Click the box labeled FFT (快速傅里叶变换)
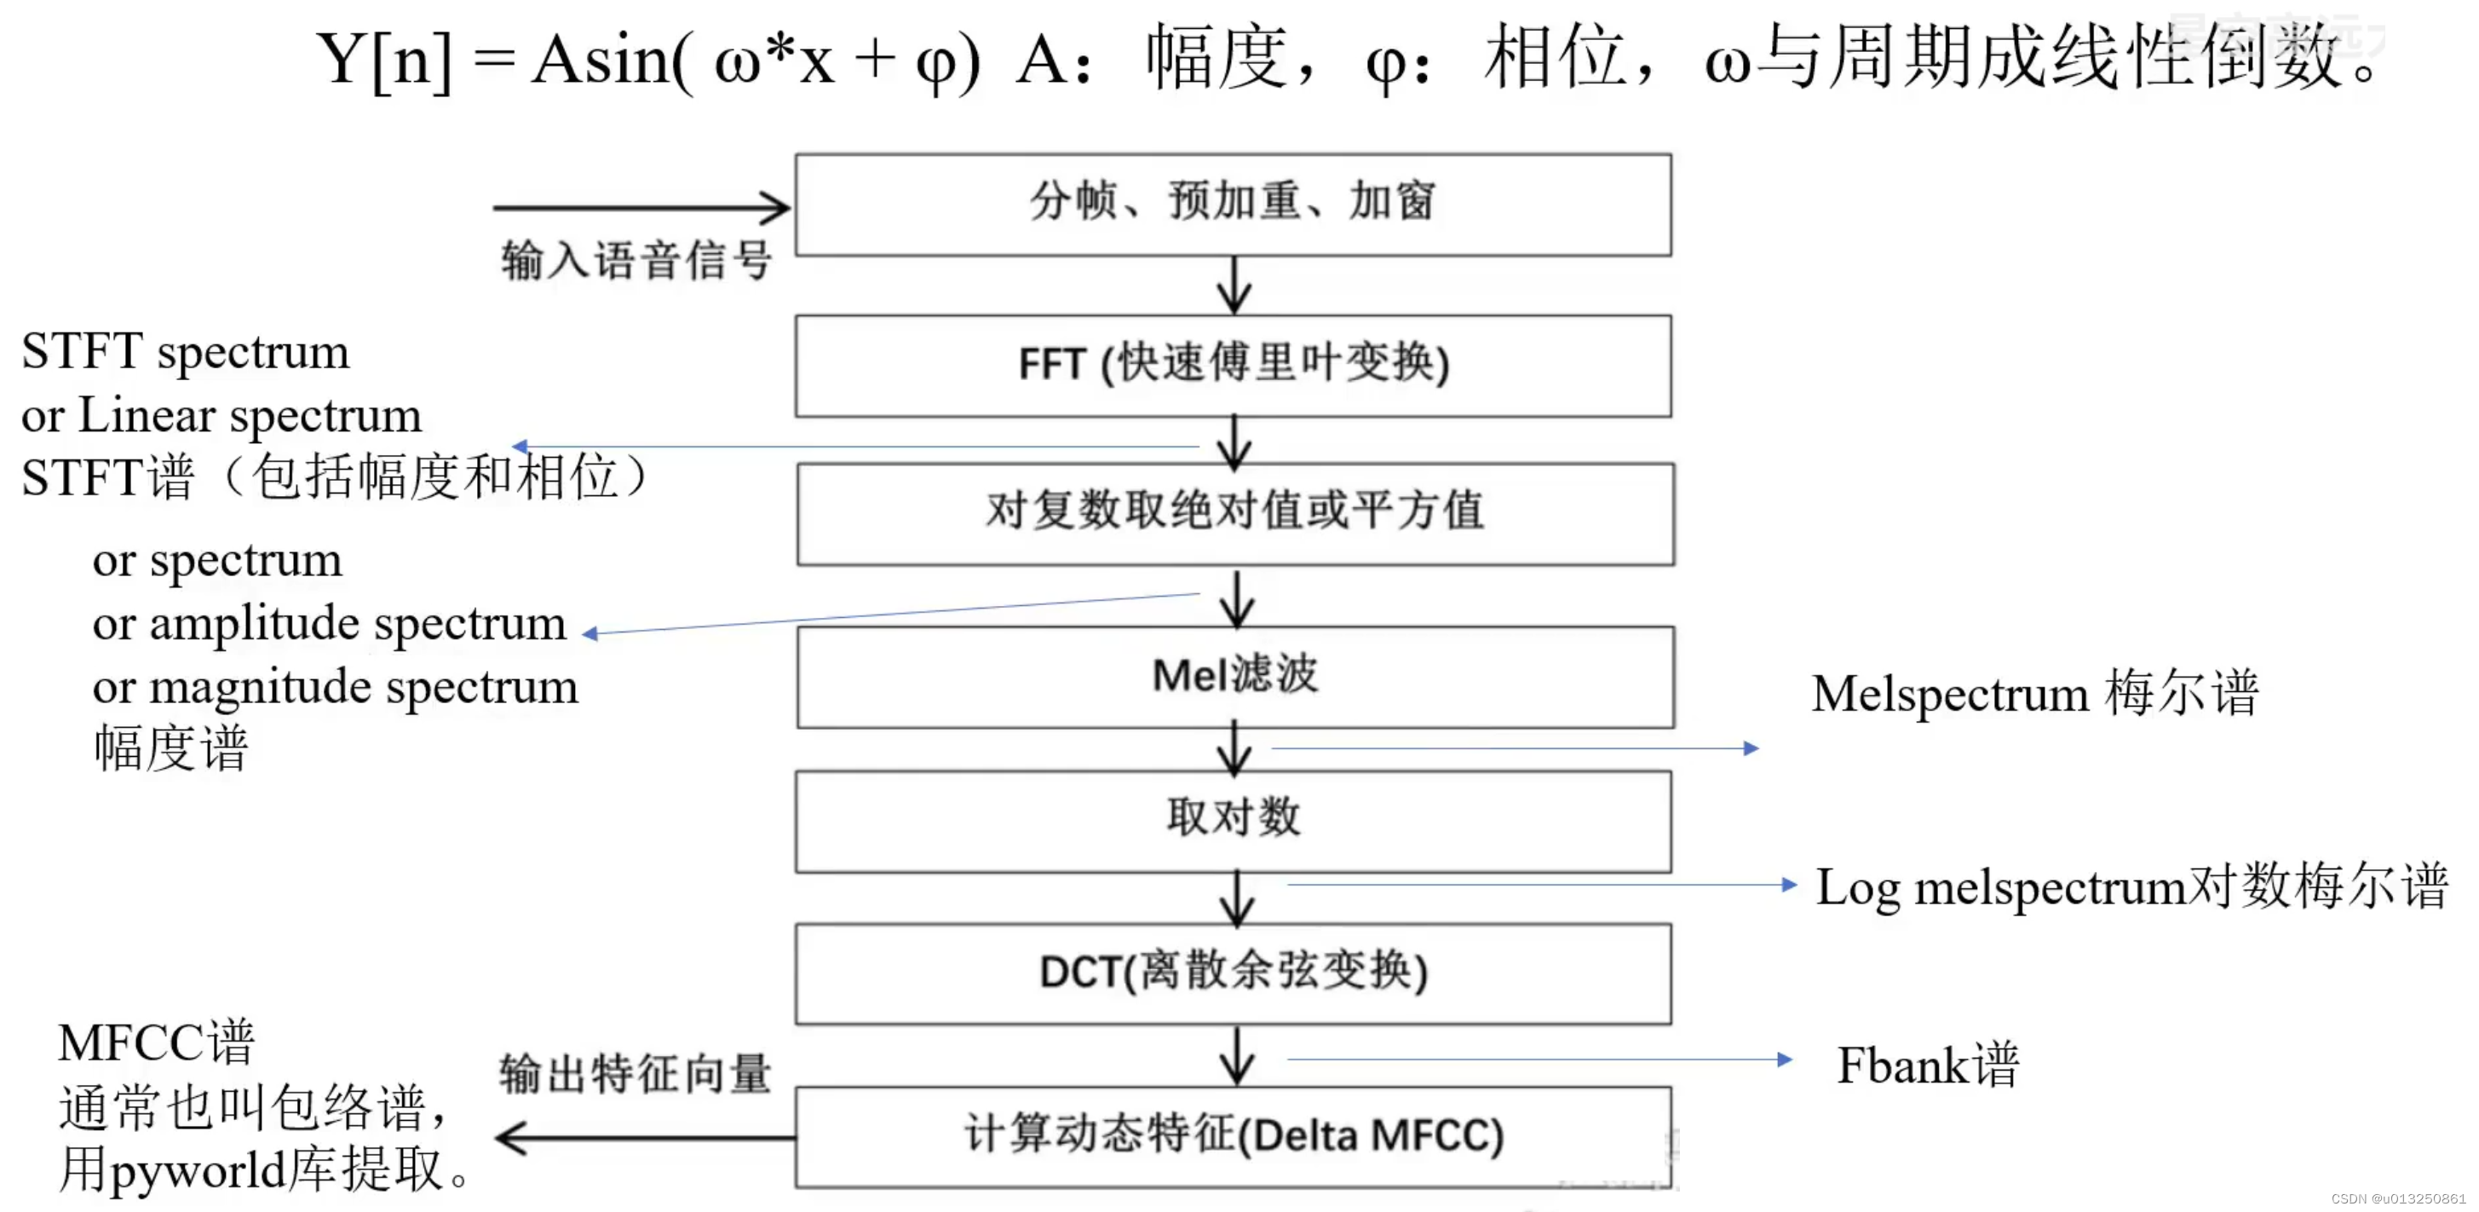1233,365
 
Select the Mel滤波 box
1234,676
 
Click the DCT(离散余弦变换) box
1233,972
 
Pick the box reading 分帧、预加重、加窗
1233,203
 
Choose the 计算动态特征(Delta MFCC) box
1233,1136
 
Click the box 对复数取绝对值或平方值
1234,512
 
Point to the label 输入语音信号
636,261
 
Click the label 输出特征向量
636,1074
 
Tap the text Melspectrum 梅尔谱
2034,693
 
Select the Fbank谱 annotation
1928,1065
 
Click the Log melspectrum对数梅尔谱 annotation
2131,886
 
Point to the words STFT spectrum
186,351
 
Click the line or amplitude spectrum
329,624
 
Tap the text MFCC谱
156,1042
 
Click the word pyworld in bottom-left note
198,1170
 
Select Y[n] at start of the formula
383,60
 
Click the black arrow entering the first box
640,207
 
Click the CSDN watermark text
2398,1198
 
